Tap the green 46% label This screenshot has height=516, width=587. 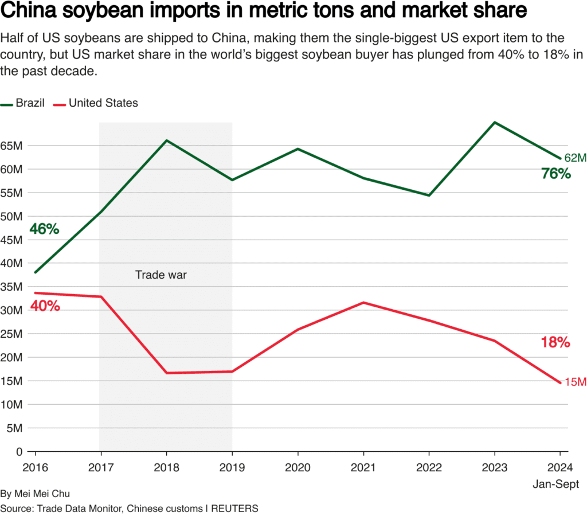pyautogui.click(x=44, y=229)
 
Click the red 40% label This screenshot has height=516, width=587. pyautogui.click(x=45, y=306)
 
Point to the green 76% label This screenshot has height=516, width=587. pyautogui.click(x=555, y=174)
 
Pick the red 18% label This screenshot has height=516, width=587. pyautogui.click(x=555, y=343)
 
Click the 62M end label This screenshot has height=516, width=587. pyautogui.click(x=576, y=158)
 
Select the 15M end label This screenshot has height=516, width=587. pyautogui.click(x=576, y=382)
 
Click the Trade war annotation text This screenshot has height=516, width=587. pyautogui.click(x=161, y=275)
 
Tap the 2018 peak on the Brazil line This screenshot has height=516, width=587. pyautogui.click(x=166, y=140)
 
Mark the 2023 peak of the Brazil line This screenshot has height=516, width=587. pyautogui.click(x=494, y=122)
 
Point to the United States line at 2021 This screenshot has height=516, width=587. pyautogui.click(x=363, y=303)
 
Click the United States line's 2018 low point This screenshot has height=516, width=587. pyautogui.click(x=166, y=373)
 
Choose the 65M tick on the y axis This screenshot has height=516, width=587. pyautogui.click(x=11, y=146)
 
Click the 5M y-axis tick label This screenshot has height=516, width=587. pyautogui.click(x=14, y=428)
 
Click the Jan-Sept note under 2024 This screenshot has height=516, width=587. pyautogui.click(x=555, y=484)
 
